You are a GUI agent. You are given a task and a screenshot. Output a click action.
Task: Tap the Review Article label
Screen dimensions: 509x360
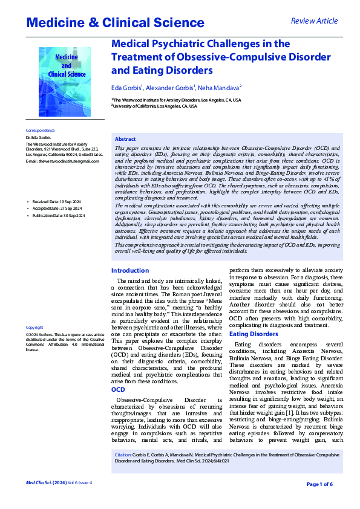314,21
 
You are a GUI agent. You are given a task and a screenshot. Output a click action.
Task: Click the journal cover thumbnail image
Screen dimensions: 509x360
65,82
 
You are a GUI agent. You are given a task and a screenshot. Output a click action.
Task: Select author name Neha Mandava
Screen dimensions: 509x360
217,87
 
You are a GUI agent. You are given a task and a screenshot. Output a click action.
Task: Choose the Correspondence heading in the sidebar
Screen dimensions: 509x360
40,130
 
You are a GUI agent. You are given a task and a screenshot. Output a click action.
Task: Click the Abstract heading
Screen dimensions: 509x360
125,139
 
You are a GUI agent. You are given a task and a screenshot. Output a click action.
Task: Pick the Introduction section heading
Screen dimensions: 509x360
130,271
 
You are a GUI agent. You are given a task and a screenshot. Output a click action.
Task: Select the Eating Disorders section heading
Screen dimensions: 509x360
254,334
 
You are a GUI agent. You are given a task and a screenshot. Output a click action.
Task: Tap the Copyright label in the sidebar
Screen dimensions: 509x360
34,327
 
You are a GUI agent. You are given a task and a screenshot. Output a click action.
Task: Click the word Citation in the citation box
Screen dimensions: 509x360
123,453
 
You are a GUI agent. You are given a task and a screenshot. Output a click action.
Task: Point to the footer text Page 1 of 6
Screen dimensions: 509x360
319,484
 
